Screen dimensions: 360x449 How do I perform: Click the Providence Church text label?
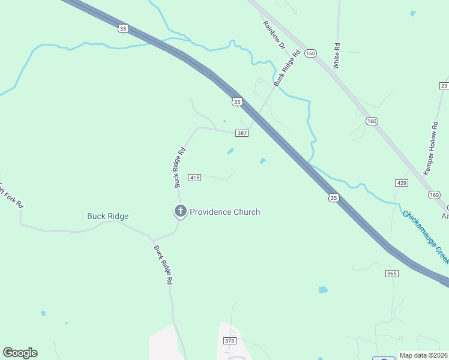224,212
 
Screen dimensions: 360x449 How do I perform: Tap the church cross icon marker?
179,211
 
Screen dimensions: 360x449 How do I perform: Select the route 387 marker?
242,133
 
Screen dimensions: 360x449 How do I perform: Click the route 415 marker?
194,178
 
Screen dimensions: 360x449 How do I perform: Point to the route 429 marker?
402,182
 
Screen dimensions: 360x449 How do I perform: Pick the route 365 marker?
392,274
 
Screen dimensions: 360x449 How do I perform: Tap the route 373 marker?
229,340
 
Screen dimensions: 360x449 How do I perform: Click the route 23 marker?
444,86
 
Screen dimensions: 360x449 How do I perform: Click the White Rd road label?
337,55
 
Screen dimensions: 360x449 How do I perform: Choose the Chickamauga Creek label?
426,236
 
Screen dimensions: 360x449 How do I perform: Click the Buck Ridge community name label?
108,216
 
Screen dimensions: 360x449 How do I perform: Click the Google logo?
20,353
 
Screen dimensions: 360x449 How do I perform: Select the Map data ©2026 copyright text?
424,355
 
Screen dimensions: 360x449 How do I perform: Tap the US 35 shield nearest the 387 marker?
237,102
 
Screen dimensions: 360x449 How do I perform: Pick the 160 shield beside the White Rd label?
310,53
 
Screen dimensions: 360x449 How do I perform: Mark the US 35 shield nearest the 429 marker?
333,197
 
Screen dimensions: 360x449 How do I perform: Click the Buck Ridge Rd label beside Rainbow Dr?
286,69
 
